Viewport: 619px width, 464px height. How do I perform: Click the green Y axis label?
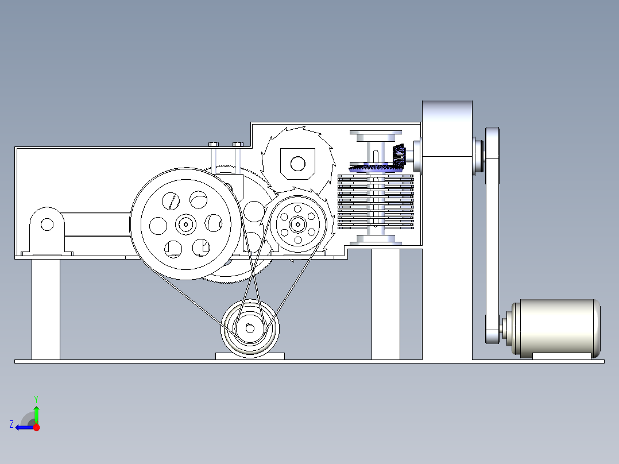[x=36, y=399]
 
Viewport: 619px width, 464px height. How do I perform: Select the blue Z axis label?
[x=11, y=424]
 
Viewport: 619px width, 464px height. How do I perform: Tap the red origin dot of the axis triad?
[x=36, y=427]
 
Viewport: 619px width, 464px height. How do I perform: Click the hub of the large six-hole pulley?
[x=185, y=225]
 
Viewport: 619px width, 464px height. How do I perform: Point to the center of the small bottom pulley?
[x=249, y=328]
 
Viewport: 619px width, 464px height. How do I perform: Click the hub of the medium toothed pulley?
[x=297, y=225]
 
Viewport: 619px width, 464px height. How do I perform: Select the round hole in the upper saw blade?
[x=297, y=163]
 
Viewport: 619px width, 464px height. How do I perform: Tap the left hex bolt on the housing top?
[x=214, y=144]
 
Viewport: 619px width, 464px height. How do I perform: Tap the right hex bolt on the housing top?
[x=238, y=144]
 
